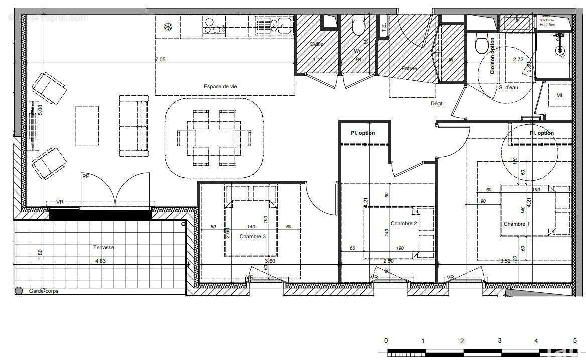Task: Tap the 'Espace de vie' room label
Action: pyautogui.click(x=220, y=86)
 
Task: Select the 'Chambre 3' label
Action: pyautogui.click(x=252, y=236)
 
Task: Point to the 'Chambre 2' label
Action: pyautogui.click(x=404, y=224)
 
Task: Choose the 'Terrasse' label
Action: pyautogui.click(x=104, y=248)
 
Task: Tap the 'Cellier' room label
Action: pyautogui.click(x=317, y=44)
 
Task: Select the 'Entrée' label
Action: pyautogui.click(x=409, y=69)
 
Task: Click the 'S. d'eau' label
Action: pyautogui.click(x=508, y=87)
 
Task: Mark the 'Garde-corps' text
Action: pyautogui.click(x=44, y=291)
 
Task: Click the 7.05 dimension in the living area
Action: pyautogui.click(x=160, y=59)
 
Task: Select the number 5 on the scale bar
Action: pyautogui.click(x=575, y=341)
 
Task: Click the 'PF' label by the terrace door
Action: pyautogui.click(x=85, y=176)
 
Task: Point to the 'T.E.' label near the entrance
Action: pyautogui.click(x=384, y=29)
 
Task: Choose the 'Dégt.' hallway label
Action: pyautogui.click(x=437, y=103)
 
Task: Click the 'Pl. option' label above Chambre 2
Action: pyautogui.click(x=363, y=133)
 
